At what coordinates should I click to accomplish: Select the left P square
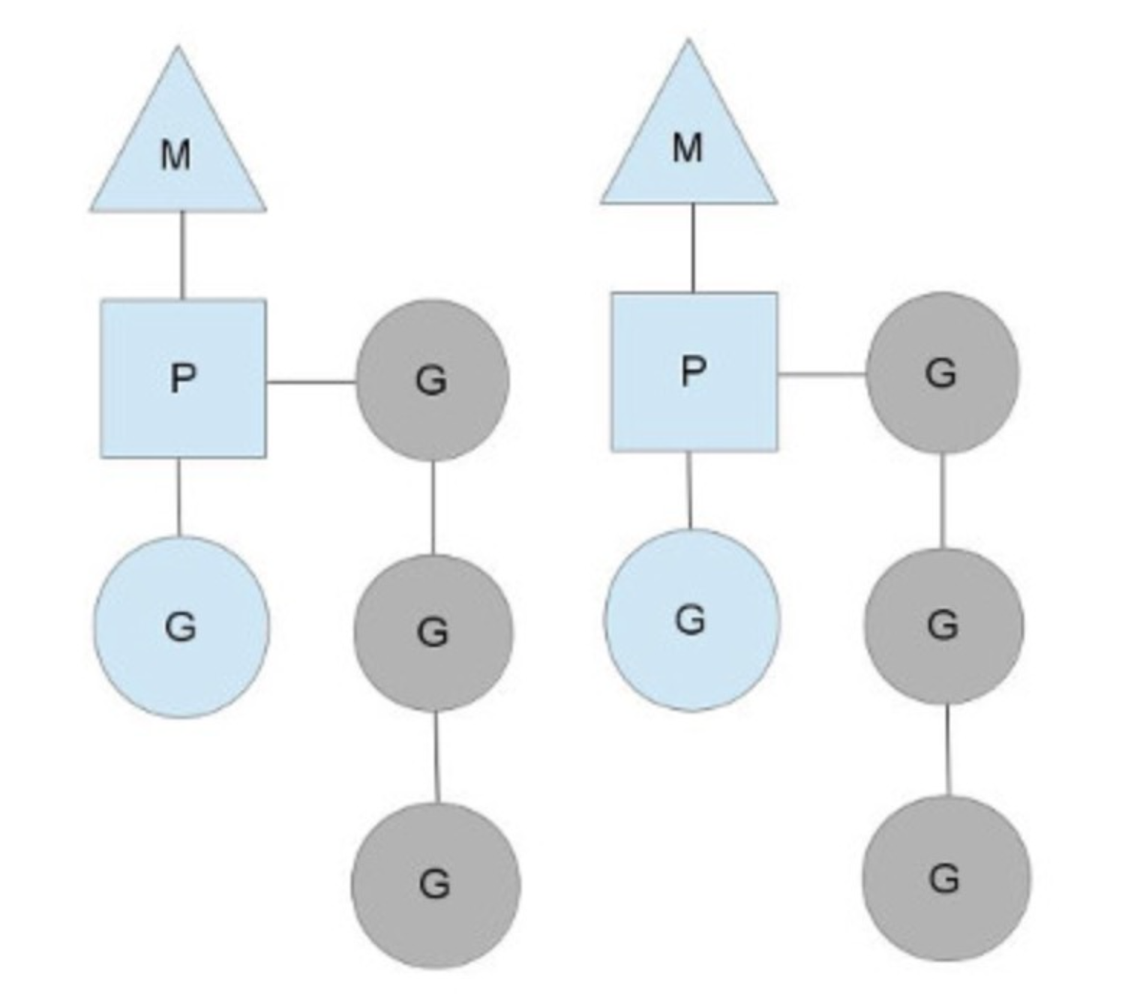(183, 378)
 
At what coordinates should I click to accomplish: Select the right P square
(694, 371)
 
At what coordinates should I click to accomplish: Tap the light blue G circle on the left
(181, 627)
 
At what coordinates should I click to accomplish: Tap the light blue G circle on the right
(691, 619)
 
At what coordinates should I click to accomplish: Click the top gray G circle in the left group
(432, 380)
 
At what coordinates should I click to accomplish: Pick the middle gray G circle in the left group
(433, 632)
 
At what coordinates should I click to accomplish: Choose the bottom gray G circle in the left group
(435, 885)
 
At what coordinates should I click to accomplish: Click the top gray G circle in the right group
(942, 373)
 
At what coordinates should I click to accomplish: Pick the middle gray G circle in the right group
(943, 625)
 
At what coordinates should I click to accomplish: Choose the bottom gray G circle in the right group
(946, 878)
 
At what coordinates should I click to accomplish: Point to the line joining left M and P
(181, 255)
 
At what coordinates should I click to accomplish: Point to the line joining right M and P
(692, 247)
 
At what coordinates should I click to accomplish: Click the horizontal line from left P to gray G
(310, 382)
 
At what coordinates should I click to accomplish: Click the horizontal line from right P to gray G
(821, 373)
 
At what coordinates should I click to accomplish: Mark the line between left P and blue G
(178, 496)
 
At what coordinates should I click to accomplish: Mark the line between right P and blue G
(690, 490)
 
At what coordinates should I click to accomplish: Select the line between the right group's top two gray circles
(943, 500)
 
